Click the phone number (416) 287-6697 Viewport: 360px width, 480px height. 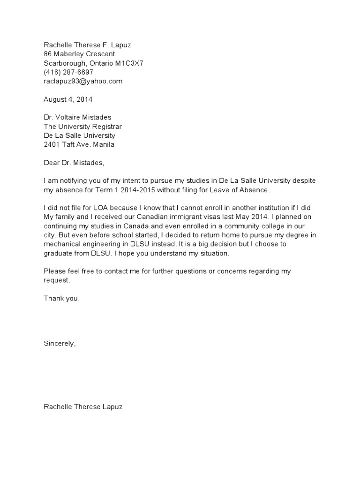(68, 72)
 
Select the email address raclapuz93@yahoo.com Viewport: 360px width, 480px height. (83, 81)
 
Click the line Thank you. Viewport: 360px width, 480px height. (62, 299)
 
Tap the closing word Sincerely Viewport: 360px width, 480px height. (59, 344)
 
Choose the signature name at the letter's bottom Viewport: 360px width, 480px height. (83, 407)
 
